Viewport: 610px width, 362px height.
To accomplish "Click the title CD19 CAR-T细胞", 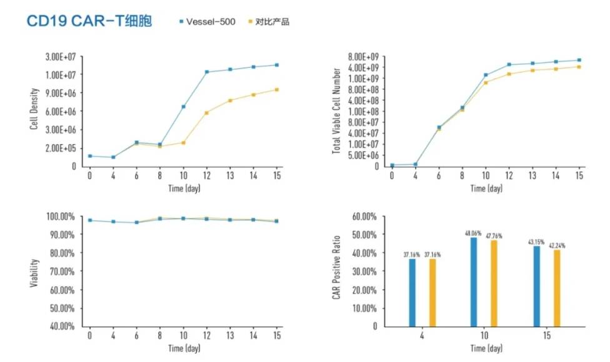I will [x=93, y=21].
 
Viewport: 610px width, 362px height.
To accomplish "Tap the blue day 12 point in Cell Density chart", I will [x=207, y=72].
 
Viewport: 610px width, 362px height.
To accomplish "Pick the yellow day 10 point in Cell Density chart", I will [x=183, y=142].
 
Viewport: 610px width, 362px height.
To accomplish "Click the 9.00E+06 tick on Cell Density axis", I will [x=61, y=93].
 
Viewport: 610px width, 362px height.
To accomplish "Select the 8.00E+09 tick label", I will [x=364, y=56].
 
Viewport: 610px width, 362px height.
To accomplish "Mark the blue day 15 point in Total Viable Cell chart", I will [x=579, y=60].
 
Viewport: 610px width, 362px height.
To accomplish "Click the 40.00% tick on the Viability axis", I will [x=61, y=326].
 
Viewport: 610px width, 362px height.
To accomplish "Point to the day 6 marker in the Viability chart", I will [x=136, y=222].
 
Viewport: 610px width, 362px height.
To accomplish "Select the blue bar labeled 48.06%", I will [x=473, y=281].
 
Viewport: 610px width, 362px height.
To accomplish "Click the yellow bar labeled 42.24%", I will [x=557, y=288].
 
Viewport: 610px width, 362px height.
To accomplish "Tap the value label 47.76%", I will [x=493, y=236].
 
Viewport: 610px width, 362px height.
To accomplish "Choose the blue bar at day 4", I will [x=412, y=292].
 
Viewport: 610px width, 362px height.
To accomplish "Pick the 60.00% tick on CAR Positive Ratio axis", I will [x=364, y=216].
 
